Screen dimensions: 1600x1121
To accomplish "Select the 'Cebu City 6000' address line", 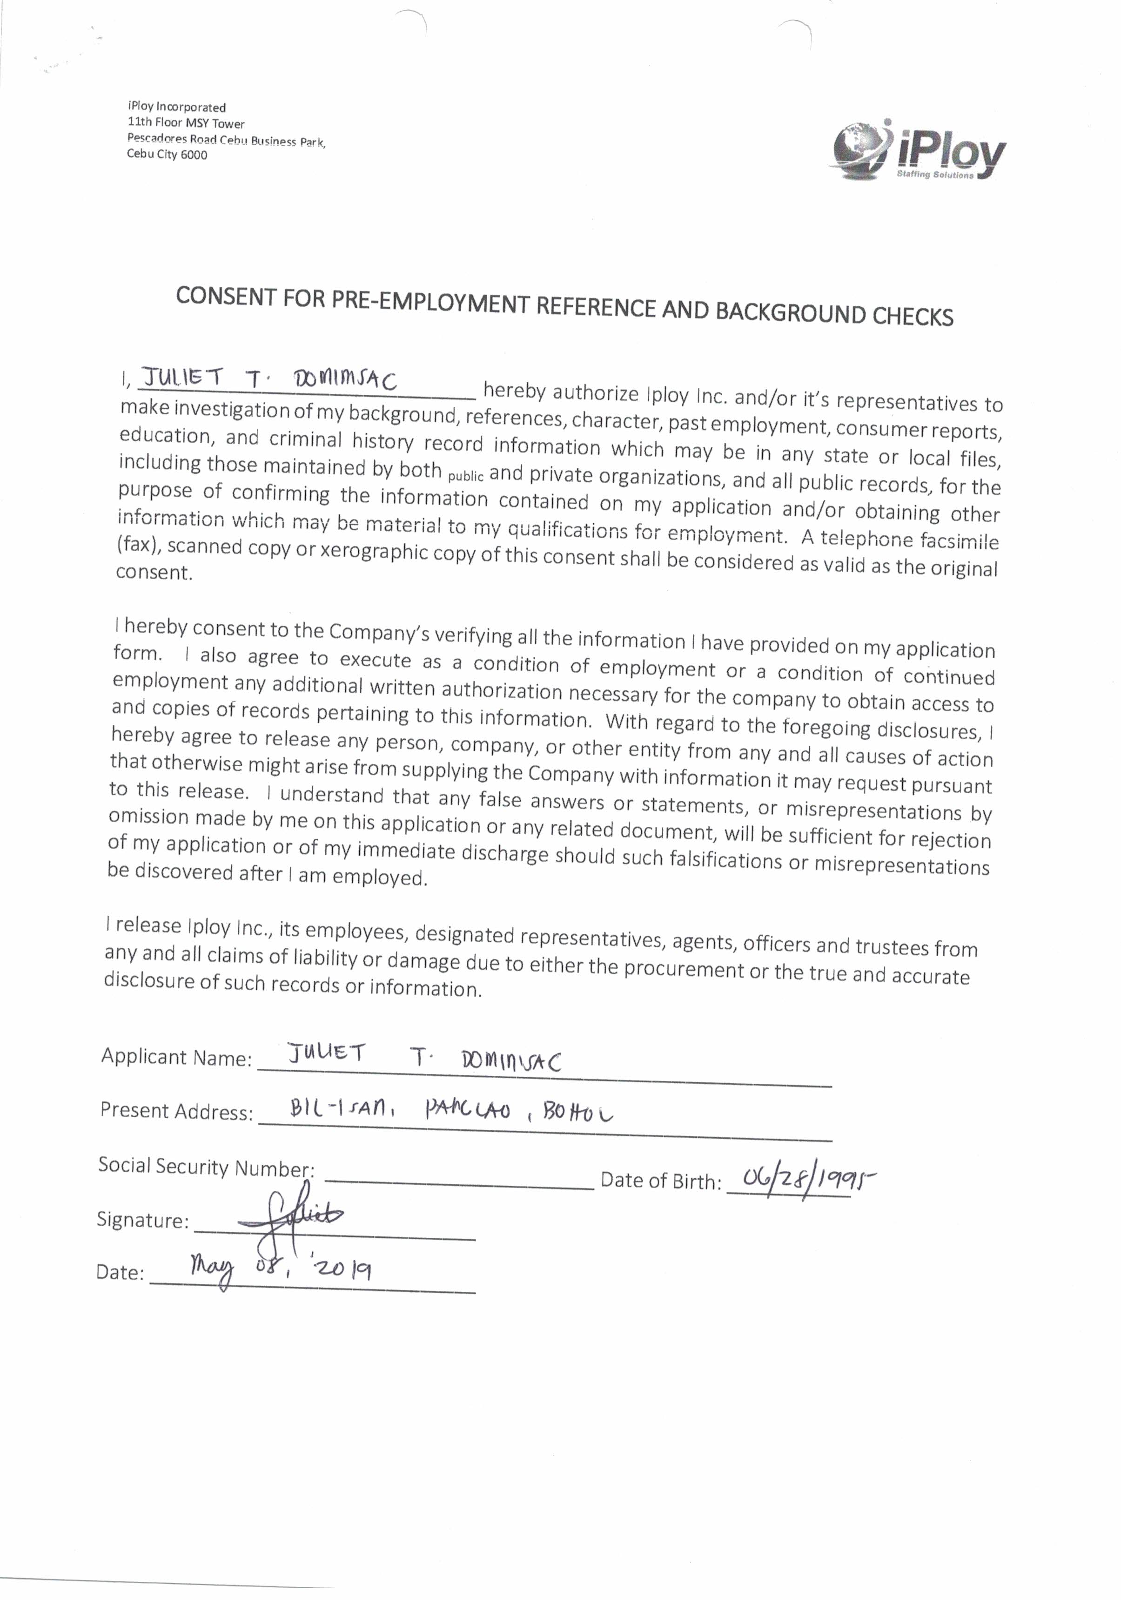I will pos(167,155).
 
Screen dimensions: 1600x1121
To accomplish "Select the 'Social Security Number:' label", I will pos(206,1166).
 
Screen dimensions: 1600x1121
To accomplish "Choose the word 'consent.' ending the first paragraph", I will pos(153,573).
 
